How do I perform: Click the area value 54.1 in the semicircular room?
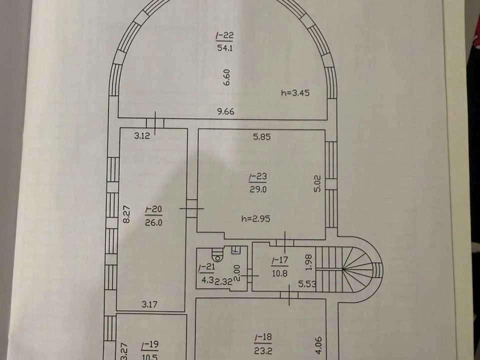[x=224, y=48]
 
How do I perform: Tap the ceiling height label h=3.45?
[x=295, y=92]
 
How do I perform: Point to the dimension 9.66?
[x=225, y=111]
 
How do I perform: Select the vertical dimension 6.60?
[x=227, y=77]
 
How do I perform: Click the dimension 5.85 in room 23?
[x=261, y=136]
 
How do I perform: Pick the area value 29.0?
[x=258, y=189]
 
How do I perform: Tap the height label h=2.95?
[x=255, y=218]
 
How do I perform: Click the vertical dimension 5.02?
[x=317, y=183]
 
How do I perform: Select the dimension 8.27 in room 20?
[x=126, y=214]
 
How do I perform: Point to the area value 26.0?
[x=153, y=222]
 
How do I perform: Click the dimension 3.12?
[x=142, y=135]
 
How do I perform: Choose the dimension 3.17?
[x=149, y=304]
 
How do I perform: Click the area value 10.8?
[x=280, y=273]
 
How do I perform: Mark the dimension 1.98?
[x=308, y=262]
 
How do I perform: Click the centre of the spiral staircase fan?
[x=343, y=269]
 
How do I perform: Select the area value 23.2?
[x=263, y=350]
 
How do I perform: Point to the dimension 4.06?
[x=318, y=345]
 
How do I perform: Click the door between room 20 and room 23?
[x=191, y=208]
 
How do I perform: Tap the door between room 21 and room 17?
[x=249, y=275]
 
